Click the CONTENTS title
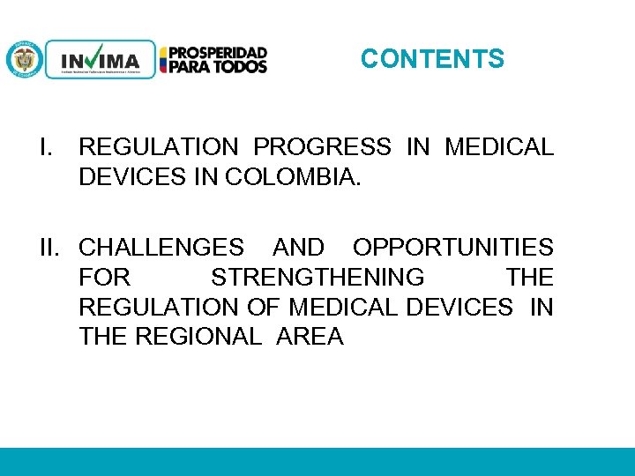click(432, 59)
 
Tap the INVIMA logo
click(100, 60)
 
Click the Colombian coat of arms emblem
click(24, 60)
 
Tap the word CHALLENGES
click(161, 248)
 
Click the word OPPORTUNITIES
click(453, 248)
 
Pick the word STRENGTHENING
click(317, 278)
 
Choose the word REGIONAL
click(198, 337)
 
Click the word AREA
click(310, 337)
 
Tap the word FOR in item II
click(104, 278)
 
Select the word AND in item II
click(298, 248)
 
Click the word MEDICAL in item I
click(499, 147)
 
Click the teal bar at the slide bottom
click(317, 461)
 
